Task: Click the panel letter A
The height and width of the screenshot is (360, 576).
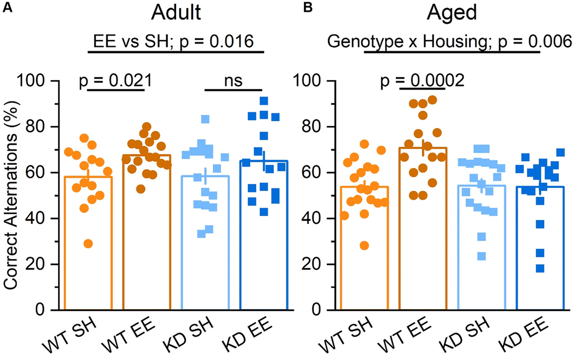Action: [x=7, y=8]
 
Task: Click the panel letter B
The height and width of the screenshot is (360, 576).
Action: [x=307, y=8]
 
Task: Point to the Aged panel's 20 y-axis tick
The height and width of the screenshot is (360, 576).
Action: [x=321, y=264]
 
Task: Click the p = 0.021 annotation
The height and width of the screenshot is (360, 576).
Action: [x=114, y=81]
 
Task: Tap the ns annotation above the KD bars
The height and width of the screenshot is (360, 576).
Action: [x=233, y=81]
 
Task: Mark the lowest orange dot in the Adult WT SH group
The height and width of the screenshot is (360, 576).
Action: [x=88, y=244]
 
